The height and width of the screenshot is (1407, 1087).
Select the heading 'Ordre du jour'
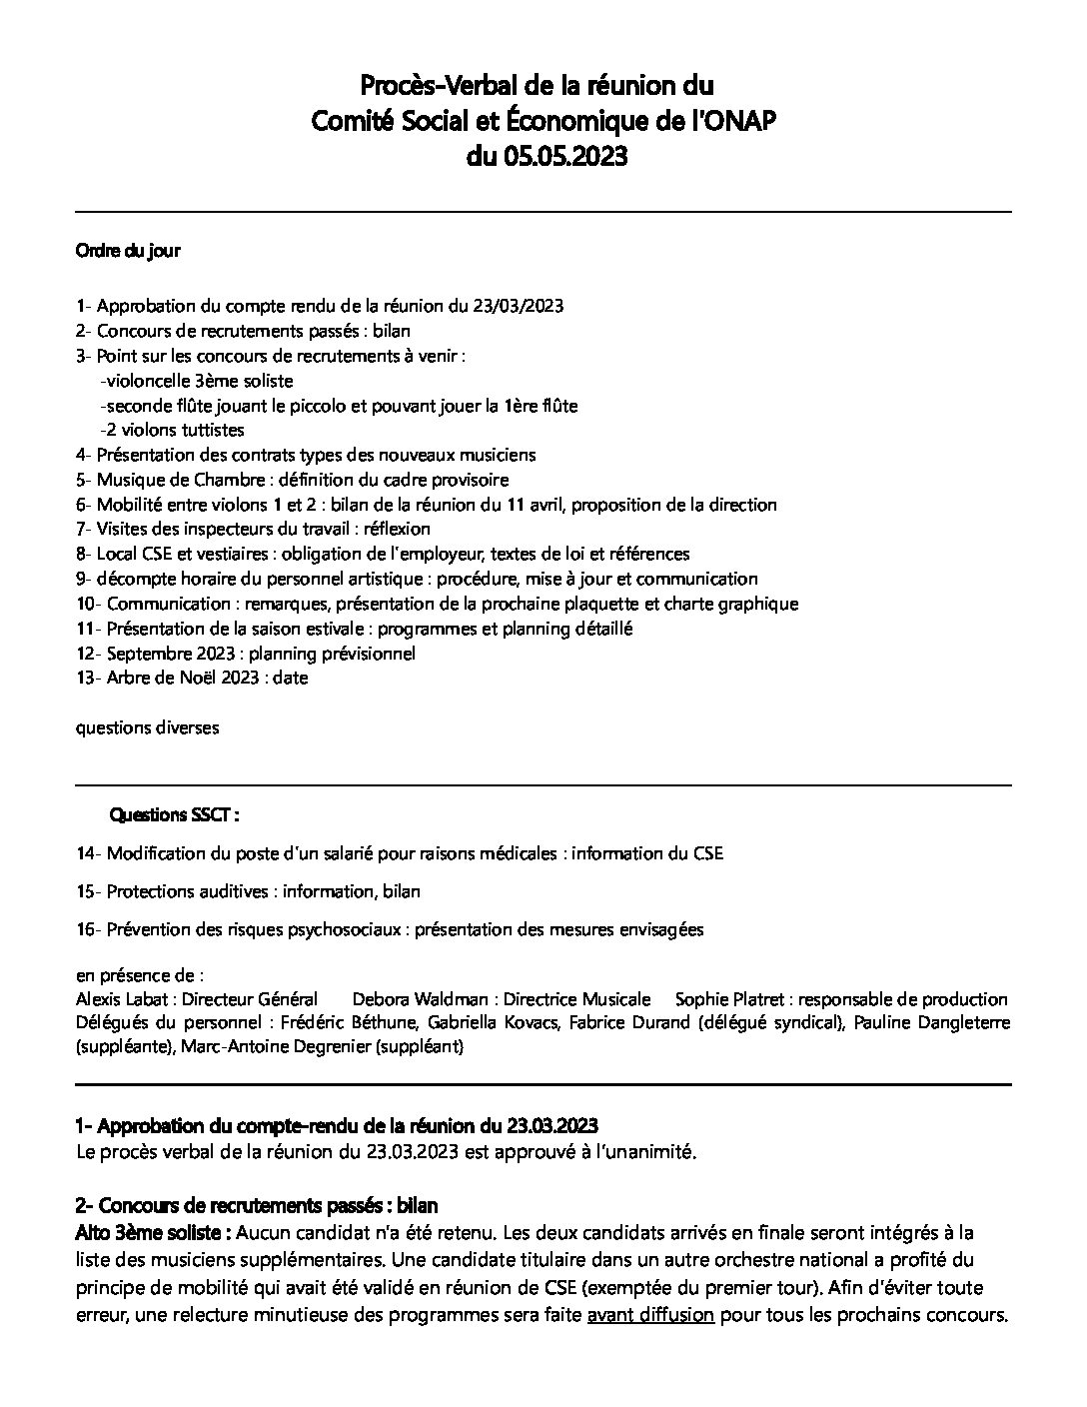pos(128,251)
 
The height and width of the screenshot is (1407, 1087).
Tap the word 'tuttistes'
pos(212,430)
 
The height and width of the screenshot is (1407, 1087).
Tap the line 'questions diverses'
pos(147,727)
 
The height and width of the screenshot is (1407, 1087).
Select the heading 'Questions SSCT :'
pos(174,815)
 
